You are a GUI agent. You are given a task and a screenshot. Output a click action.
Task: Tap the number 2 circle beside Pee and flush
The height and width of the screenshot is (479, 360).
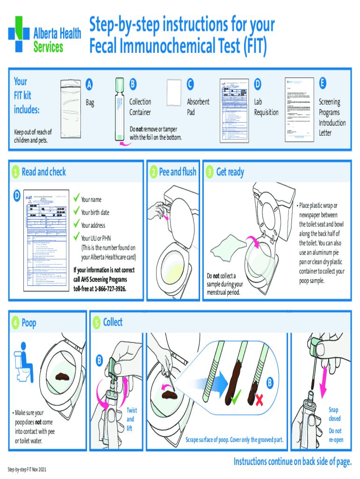153,172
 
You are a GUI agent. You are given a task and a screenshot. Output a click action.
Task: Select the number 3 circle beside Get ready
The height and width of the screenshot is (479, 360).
211,172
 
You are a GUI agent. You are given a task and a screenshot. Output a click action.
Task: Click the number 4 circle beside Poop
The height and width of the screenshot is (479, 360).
16,323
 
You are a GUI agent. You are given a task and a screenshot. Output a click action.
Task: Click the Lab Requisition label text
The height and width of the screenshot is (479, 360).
266,107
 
